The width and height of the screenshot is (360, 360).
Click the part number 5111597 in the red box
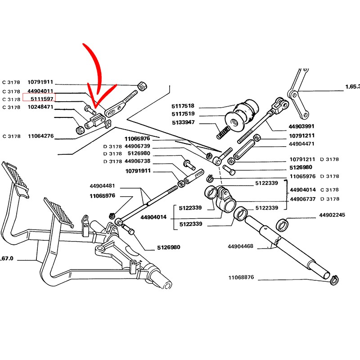pyautogui.click(x=43, y=99)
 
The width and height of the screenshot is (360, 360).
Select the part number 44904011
pyautogui.click(x=43, y=91)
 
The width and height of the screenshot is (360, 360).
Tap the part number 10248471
pyautogui.click(x=40, y=107)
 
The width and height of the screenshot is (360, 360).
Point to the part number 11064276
pyautogui.click(x=40, y=136)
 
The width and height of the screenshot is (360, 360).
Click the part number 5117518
pyautogui.click(x=183, y=106)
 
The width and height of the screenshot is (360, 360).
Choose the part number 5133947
pyautogui.click(x=183, y=122)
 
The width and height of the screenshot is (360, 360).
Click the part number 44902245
pyautogui.click(x=332, y=215)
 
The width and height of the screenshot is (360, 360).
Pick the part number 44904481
pyautogui.click(x=102, y=185)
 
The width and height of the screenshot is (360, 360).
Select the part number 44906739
pyautogui.click(x=137, y=146)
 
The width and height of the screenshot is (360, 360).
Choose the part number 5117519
pyautogui.click(x=183, y=114)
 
